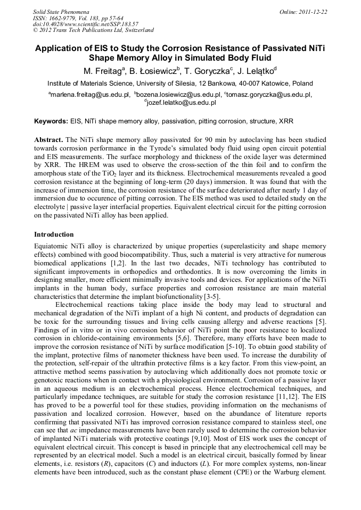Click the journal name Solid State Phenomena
[61, 11]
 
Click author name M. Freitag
[103, 71]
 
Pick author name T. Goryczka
[212, 71]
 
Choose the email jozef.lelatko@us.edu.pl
[181, 103]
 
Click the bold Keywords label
[51, 121]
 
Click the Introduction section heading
[54, 234]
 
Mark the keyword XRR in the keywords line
[285, 121]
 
